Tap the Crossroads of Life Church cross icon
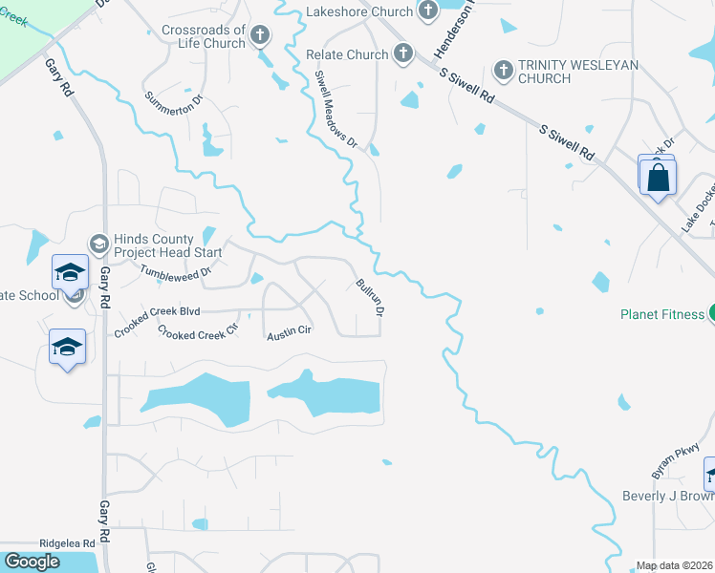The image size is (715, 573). point(260,36)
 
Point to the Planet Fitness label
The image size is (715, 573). point(662,313)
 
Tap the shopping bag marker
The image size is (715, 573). point(658,178)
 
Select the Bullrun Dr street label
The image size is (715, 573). point(370,298)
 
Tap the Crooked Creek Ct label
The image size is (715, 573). point(197,334)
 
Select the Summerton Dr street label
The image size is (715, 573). point(173,109)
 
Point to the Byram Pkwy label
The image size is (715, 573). point(669,462)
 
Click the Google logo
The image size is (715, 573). point(32,562)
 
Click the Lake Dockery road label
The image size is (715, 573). point(698,209)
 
